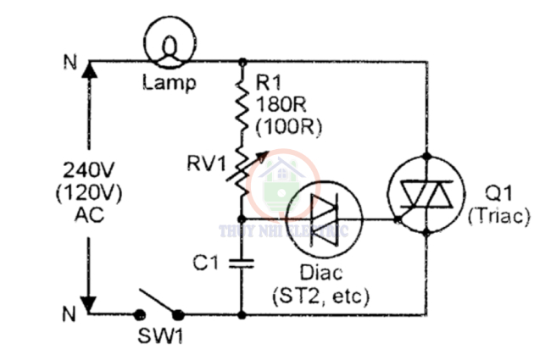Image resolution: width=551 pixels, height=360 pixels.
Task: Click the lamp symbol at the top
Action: click(x=169, y=42)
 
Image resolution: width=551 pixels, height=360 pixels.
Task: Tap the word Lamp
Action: click(x=169, y=83)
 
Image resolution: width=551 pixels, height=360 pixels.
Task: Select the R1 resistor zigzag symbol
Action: click(x=242, y=106)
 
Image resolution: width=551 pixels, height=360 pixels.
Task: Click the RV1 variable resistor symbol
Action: click(x=242, y=169)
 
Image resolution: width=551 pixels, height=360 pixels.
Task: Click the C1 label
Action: click(x=206, y=263)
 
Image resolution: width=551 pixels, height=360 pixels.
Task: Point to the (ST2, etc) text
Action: click(x=320, y=296)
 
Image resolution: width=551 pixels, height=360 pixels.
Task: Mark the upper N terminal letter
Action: click(x=69, y=63)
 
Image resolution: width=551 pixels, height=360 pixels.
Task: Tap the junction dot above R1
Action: click(x=243, y=61)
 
